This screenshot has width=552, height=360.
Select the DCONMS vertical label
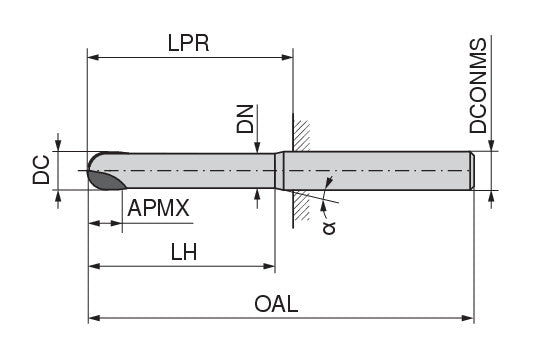[480, 87]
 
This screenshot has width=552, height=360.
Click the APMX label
[159, 208]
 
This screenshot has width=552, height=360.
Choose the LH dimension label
[182, 252]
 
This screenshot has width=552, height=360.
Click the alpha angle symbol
[331, 226]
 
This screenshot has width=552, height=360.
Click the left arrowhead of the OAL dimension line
[95, 319]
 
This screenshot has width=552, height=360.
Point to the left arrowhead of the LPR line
[94, 59]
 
